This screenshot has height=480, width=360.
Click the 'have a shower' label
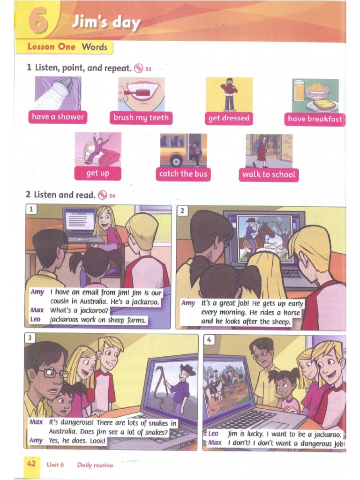point(58,117)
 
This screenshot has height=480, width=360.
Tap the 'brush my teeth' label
point(141,118)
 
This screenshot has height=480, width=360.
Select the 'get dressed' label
point(229,119)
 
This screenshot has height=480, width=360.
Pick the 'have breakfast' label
point(315,119)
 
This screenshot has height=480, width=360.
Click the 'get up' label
point(97,173)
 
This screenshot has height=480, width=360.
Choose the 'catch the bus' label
point(183,174)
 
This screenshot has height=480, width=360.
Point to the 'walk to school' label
point(269,174)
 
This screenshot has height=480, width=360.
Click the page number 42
point(31,464)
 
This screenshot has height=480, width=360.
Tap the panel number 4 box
point(210,340)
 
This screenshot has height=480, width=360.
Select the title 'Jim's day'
point(105,22)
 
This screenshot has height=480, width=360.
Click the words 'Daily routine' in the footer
point(95,465)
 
